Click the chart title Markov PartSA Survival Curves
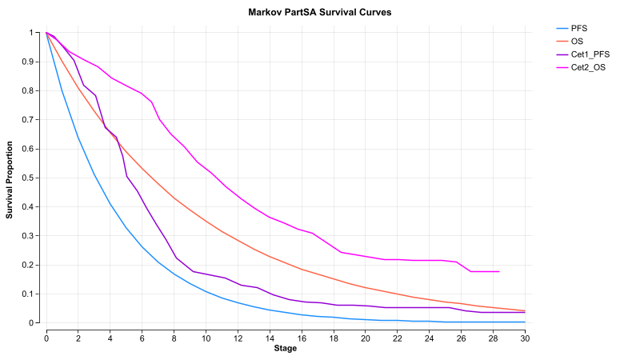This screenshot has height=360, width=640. point(320,14)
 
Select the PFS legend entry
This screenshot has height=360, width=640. point(579,28)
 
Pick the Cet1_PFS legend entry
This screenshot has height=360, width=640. point(588,54)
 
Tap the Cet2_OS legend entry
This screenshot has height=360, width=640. point(586,68)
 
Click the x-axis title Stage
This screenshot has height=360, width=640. point(286,349)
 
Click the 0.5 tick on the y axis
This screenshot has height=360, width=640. point(34,178)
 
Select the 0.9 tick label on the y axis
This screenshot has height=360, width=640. point(34,62)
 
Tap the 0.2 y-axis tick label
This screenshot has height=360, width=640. point(34,265)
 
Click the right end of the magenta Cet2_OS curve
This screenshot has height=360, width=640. point(498,271)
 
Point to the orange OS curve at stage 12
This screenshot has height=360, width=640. point(238,241)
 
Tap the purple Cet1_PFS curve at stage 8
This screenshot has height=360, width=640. point(174,255)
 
